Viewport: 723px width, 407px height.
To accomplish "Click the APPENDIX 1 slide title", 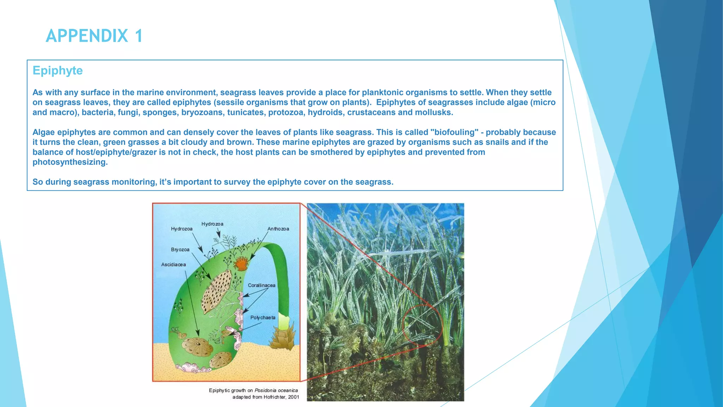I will (94, 36).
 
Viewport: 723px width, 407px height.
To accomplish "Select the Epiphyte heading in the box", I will (58, 70).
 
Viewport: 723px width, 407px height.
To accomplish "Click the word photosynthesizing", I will (70, 162).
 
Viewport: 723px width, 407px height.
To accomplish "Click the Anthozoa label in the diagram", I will (278, 229).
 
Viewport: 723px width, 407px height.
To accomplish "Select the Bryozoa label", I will (180, 249).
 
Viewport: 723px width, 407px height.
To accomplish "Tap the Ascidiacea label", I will (173, 265).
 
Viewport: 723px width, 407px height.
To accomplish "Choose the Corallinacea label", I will (261, 285).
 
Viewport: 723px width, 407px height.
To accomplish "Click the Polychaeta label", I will (263, 318).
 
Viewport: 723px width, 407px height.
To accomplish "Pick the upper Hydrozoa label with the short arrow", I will (212, 224).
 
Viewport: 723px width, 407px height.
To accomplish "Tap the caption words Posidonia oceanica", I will (276, 390).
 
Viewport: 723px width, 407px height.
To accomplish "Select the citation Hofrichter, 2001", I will (281, 397).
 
